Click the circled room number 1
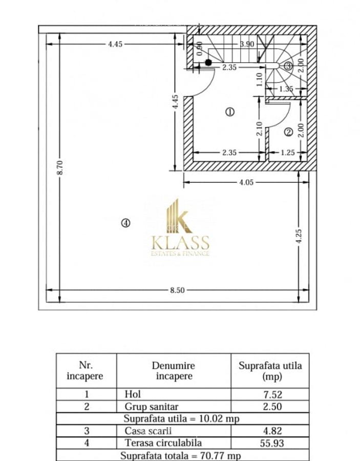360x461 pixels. pyautogui.click(x=230, y=112)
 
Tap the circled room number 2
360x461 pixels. pyautogui.click(x=288, y=132)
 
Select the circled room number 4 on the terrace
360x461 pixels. pyautogui.click(x=126, y=222)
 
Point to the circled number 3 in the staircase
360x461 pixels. pyautogui.click(x=288, y=66)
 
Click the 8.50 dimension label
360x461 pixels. pyautogui.click(x=177, y=290)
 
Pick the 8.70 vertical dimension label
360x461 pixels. pyautogui.click(x=60, y=167)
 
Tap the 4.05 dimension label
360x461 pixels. pyautogui.click(x=246, y=182)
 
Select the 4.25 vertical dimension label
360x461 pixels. pyautogui.click(x=300, y=236)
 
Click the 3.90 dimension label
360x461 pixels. pyautogui.click(x=247, y=44)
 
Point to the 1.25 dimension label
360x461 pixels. pyautogui.click(x=288, y=152)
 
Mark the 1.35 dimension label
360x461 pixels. pyautogui.click(x=286, y=89)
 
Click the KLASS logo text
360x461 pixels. pyautogui.click(x=180, y=242)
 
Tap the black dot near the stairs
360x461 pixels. pyautogui.click(x=208, y=62)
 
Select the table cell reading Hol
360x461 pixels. pyautogui.click(x=133, y=394)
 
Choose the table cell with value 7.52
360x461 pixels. pyautogui.click(x=270, y=394)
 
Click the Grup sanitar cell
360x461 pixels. pyautogui.click(x=145, y=407)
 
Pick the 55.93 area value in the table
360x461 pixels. pyautogui.click(x=270, y=443)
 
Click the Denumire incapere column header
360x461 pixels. pyautogui.click(x=173, y=371)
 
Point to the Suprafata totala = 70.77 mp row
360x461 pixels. pyautogui.click(x=181, y=455)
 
